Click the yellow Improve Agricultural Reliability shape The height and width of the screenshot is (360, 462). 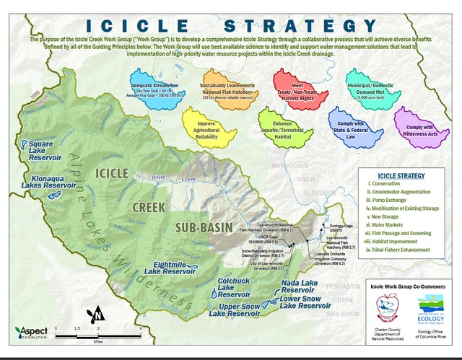tap(209, 126)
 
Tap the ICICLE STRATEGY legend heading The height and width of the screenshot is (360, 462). tap(401, 175)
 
